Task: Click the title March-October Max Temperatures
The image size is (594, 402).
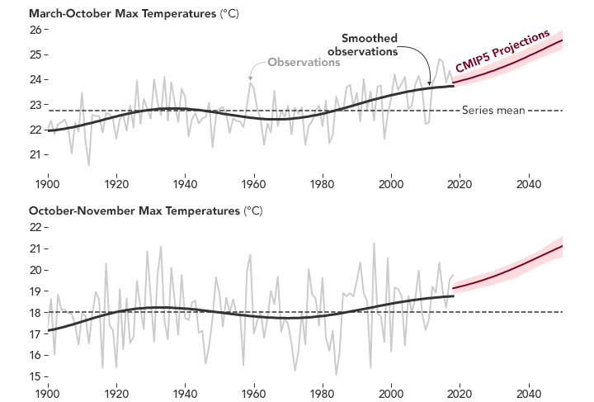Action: [111, 14]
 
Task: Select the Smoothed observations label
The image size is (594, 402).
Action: [363, 45]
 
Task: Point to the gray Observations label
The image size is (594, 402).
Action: [304, 63]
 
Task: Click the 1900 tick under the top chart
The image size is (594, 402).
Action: [47, 182]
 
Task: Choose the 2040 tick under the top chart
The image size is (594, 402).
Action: [528, 182]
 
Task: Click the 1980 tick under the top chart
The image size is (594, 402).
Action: [322, 182]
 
